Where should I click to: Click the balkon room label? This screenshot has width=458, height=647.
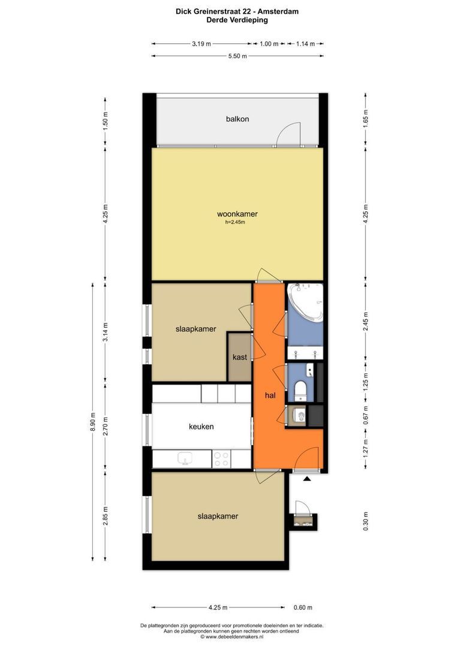(237, 119)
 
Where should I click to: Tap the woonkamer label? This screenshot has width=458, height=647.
(237, 214)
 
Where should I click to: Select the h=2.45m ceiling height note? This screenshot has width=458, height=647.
(235, 222)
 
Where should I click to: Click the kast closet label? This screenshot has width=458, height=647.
(240, 357)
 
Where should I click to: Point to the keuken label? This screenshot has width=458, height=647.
(201, 427)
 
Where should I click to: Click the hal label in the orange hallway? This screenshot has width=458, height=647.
(270, 395)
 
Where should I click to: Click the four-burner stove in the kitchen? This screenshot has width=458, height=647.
(221, 459)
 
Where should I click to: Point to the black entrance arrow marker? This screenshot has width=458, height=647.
(306, 479)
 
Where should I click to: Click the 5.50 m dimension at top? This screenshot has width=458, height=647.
(237, 56)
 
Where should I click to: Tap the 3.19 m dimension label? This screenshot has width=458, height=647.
(201, 44)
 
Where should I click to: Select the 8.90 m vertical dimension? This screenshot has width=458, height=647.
(92, 422)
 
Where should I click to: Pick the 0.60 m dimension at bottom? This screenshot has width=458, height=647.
(303, 607)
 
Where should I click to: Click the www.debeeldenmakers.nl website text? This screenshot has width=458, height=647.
(234, 637)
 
